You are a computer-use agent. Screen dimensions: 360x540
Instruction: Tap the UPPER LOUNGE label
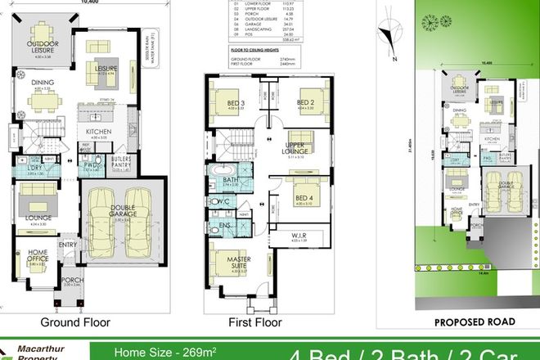click(295, 147)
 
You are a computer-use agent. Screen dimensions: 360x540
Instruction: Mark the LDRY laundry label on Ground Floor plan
click(34, 169)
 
